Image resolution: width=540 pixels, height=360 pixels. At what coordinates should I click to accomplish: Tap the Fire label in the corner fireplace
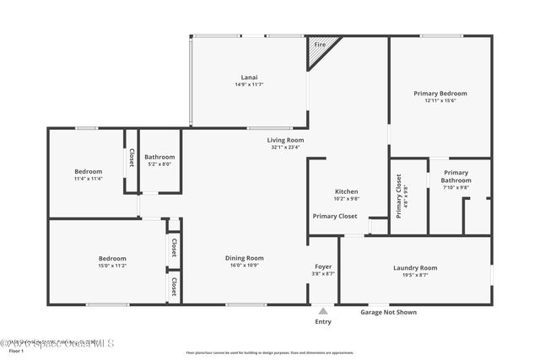click(x=320, y=44)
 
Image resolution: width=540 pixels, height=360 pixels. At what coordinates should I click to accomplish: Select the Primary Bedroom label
click(x=440, y=93)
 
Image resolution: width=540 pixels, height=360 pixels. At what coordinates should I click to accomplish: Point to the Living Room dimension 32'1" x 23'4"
click(x=285, y=147)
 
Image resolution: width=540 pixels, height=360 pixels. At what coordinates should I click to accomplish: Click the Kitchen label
click(x=347, y=191)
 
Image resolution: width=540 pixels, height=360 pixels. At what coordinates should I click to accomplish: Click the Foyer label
click(x=323, y=266)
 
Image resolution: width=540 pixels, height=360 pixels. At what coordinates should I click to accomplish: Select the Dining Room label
click(x=244, y=258)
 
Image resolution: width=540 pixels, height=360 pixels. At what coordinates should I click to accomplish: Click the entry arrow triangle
click(x=323, y=311)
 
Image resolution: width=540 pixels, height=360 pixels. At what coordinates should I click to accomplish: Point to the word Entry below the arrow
click(x=323, y=321)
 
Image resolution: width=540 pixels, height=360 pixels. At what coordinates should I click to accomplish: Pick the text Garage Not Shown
click(x=388, y=312)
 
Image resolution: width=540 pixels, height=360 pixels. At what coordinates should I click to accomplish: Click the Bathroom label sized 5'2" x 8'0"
click(x=159, y=157)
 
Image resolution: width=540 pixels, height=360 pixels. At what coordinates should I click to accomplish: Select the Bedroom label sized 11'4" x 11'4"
click(x=88, y=171)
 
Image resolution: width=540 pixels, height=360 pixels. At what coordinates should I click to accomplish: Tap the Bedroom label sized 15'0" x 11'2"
click(x=112, y=258)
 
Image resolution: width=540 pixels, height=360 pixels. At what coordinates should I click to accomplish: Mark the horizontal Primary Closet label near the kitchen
click(x=335, y=216)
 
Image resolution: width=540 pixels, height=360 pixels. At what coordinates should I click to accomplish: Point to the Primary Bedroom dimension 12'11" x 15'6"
click(x=440, y=100)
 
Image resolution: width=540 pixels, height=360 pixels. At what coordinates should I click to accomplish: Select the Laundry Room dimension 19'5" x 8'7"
click(x=415, y=274)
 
